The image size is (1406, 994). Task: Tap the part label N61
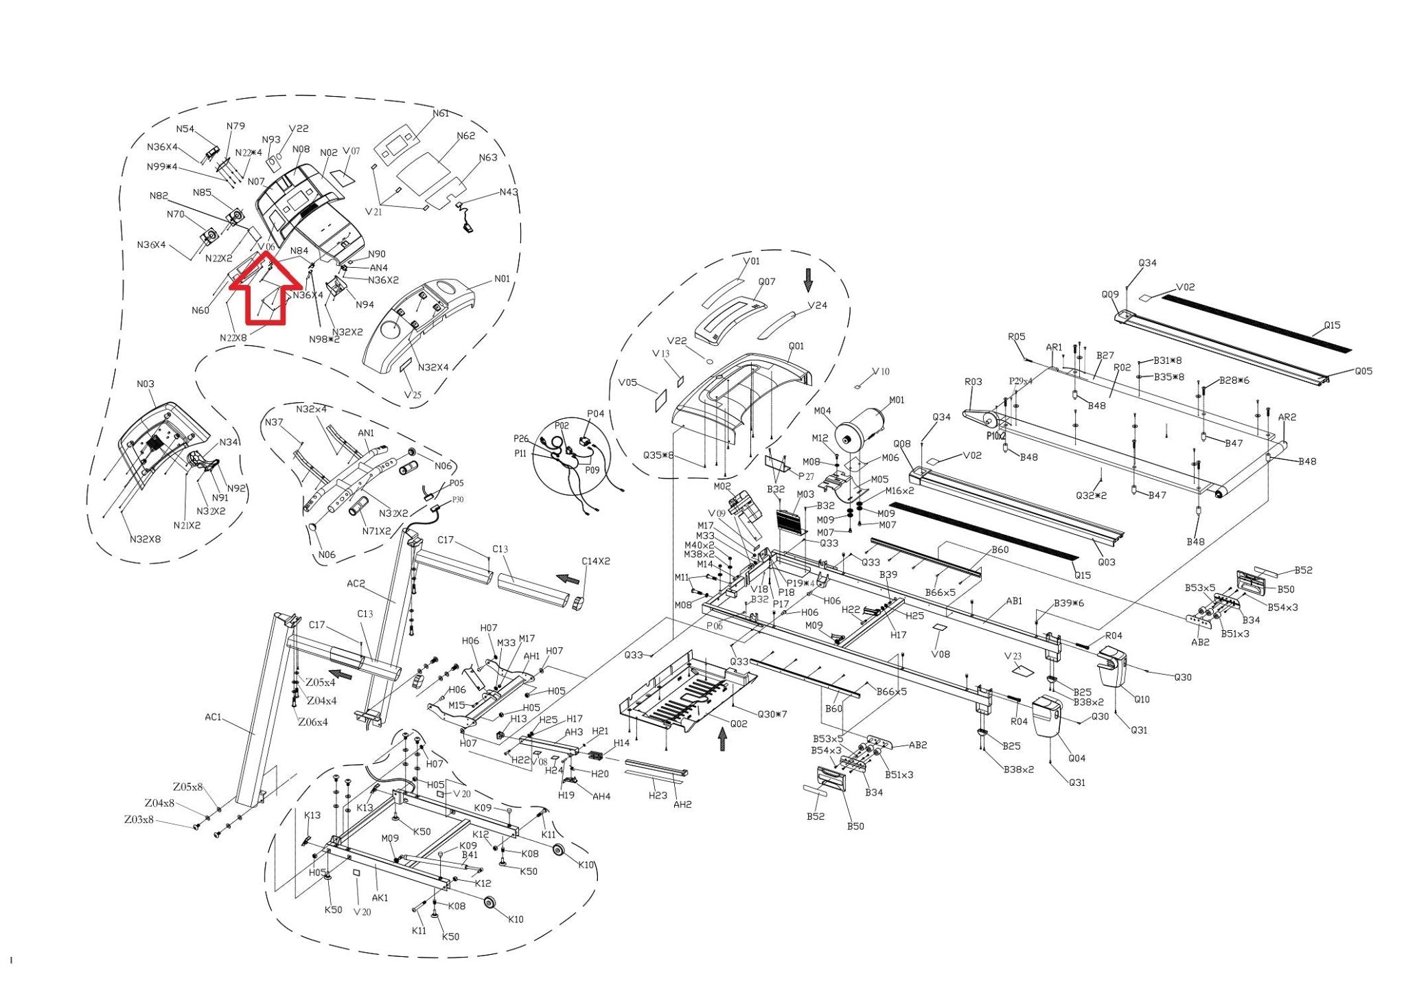click(x=440, y=113)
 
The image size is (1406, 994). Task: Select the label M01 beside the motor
click(x=897, y=400)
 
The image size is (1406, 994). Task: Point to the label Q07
click(x=767, y=282)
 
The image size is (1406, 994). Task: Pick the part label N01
click(x=502, y=279)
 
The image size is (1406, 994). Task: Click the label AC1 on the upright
click(x=214, y=717)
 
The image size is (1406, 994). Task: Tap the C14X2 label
click(x=595, y=562)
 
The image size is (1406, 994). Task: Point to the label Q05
click(x=1363, y=371)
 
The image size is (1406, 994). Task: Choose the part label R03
click(x=973, y=382)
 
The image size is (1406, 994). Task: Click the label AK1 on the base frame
click(x=380, y=898)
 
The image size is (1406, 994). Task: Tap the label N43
click(x=509, y=192)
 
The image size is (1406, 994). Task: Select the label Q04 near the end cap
click(x=1076, y=758)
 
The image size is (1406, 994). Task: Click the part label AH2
click(x=682, y=805)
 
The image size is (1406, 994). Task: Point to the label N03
click(x=146, y=384)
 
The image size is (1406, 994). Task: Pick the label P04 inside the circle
click(x=595, y=414)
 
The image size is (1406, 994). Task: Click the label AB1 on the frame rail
click(x=1014, y=601)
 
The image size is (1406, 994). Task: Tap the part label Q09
click(x=1110, y=294)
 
